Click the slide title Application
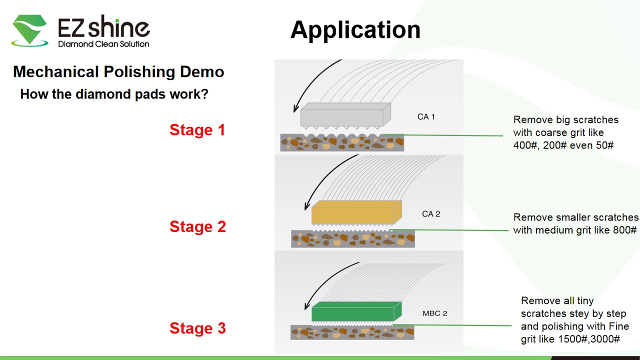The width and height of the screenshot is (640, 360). point(355,30)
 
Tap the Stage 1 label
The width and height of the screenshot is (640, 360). point(197,130)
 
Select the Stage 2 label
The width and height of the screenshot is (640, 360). point(197,226)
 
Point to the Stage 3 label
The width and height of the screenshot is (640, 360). point(197,328)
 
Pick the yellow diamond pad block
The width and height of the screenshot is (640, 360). point(356,213)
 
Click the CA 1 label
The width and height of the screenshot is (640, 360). point(426,117)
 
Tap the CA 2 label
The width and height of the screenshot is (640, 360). point(431,214)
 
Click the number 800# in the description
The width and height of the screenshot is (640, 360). point(623,230)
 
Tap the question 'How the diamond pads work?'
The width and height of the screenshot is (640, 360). point(114,94)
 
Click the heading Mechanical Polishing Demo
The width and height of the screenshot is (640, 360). point(118,72)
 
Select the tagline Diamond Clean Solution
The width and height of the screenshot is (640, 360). point(103,44)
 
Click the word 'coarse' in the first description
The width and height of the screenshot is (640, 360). point(550,132)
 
